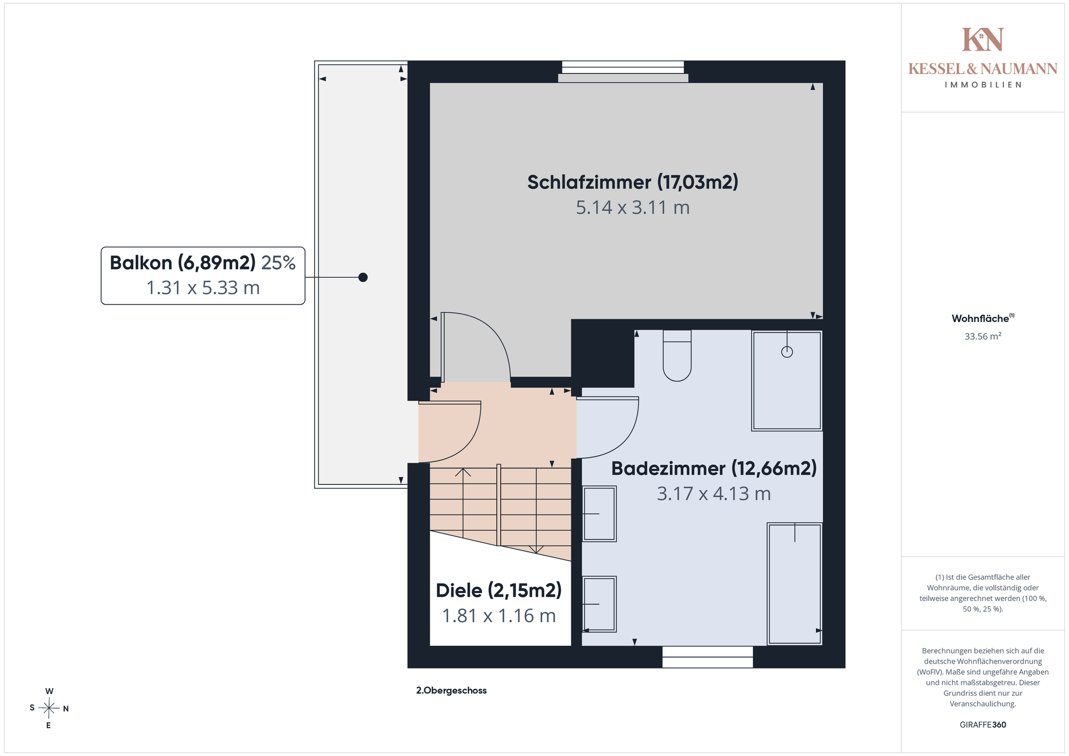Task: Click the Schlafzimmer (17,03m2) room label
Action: pos(632,183)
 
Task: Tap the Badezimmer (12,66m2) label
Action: pos(714,469)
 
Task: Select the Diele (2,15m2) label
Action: pos(499,591)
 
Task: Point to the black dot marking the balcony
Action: pos(363,277)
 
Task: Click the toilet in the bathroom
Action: pos(677,355)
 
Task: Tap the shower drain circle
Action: pos(787,352)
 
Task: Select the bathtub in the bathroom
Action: pos(795,583)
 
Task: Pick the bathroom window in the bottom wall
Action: pos(708,657)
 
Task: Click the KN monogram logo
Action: pos(983,40)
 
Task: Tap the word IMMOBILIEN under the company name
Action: pos(983,85)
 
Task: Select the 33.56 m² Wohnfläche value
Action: pos(983,336)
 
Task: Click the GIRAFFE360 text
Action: pos(983,725)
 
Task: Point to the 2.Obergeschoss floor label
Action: pos(452,690)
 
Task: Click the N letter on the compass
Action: pos(66,709)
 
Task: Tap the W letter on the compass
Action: pos(50,691)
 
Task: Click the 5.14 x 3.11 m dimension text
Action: pos(632,208)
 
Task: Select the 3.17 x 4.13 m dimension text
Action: pos(714,494)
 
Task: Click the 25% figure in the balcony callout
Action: pos(278,263)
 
